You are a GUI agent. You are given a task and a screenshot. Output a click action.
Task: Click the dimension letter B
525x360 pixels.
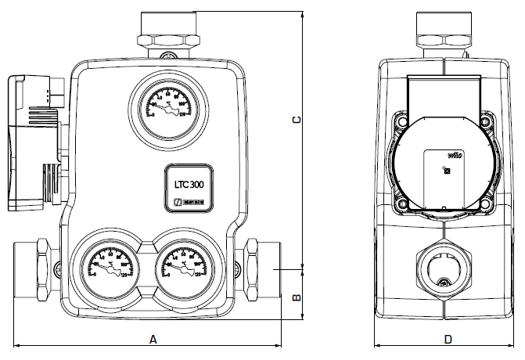point(296,297)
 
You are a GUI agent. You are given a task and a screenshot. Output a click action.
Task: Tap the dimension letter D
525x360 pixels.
point(448,340)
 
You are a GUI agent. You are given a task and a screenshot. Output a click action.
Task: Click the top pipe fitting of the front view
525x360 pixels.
point(168,31)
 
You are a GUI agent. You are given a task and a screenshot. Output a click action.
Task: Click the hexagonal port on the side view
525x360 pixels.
point(444,265)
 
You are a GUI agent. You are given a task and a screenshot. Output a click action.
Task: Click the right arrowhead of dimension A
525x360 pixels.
point(282,346)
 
